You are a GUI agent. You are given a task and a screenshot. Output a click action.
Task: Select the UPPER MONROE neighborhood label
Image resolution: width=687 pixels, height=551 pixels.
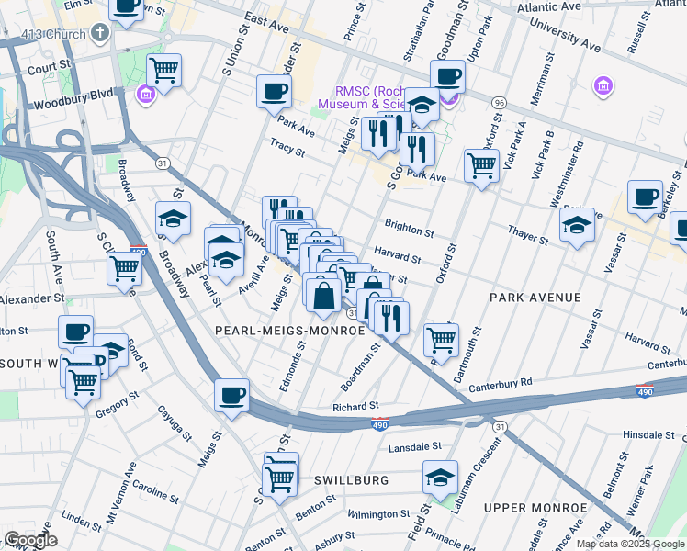(535, 508)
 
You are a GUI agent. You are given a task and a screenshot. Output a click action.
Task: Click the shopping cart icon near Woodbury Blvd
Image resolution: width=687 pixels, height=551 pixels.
(163, 69)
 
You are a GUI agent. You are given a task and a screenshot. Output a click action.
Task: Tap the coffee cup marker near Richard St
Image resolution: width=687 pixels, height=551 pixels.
(231, 395)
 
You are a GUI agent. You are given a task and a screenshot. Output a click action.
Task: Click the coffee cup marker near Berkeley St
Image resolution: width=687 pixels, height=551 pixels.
(646, 197)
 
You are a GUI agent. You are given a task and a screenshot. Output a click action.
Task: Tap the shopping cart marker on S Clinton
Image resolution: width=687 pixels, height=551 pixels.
(124, 269)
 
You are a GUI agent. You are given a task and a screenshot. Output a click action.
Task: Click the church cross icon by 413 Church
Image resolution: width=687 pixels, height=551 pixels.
(99, 33)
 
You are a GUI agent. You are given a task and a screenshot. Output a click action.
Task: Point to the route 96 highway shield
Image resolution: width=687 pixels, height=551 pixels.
(499, 101)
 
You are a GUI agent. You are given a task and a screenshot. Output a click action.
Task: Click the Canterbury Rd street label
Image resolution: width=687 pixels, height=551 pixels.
(501, 382)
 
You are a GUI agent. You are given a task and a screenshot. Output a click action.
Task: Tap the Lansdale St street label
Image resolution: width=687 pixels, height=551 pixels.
(415, 446)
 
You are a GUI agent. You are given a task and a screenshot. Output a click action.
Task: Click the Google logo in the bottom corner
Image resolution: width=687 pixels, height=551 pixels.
(29, 540)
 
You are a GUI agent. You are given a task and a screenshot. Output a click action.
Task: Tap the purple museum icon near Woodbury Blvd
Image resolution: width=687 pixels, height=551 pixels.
(145, 95)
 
